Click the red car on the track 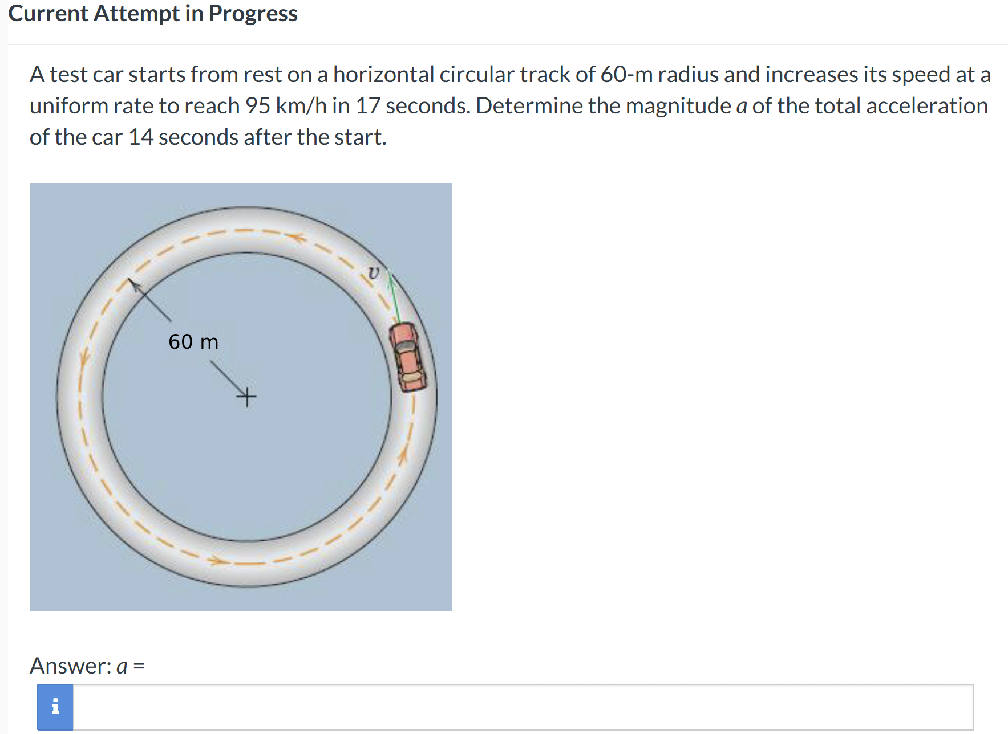click(x=407, y=357)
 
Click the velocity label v click(x=373, y=273)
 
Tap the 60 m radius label click(x=193, y=342)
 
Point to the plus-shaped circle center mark click(x=246, y=395)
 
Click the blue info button click(x=55, y=707)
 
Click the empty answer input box click(x=523, y=707)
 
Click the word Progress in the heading click(x=253, y=13)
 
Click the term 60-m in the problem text click(x=626, y=75)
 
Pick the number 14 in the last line click(x=141, y=137)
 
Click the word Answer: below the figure click(x=71, y=666)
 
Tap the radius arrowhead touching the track click(x=131, y=282)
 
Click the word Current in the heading click(x=48, y=13)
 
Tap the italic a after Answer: click(x=122, y=666)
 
